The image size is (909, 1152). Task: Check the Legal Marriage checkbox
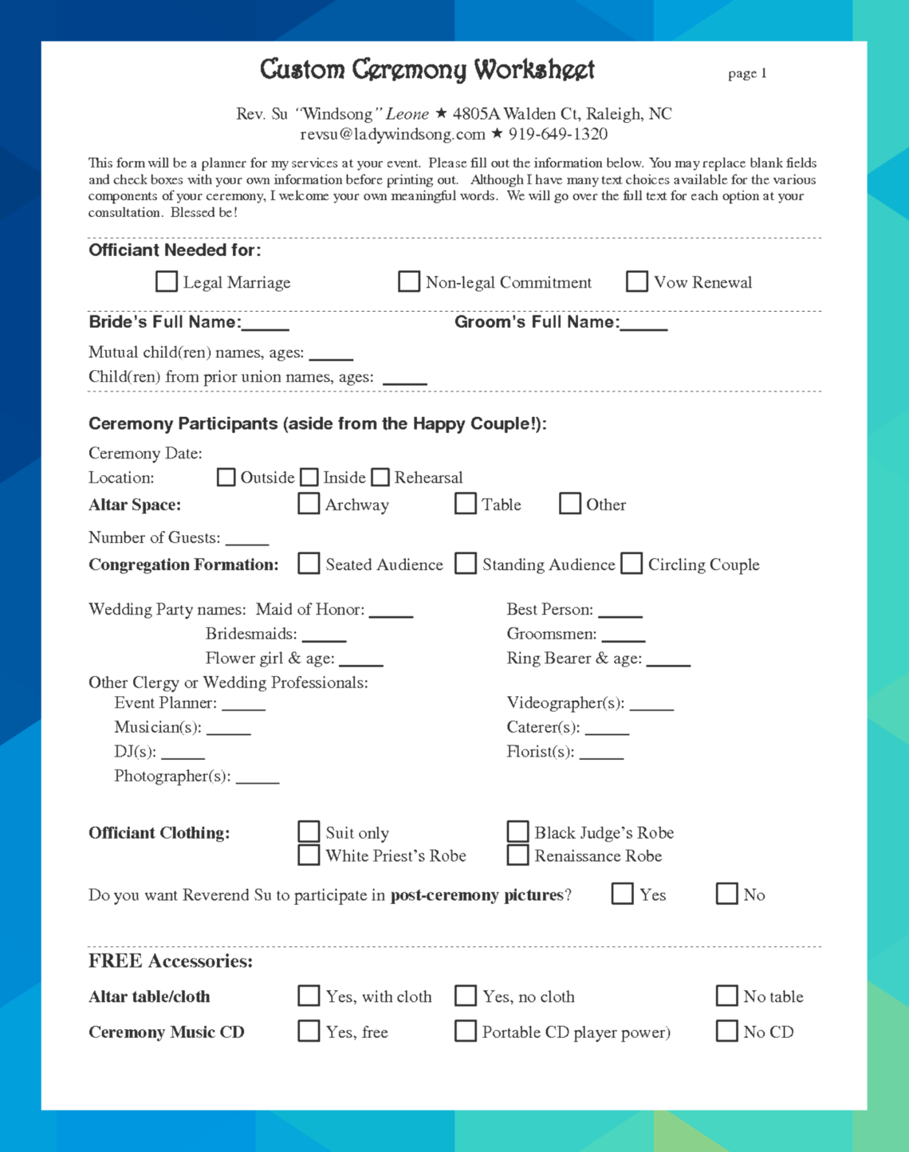166,281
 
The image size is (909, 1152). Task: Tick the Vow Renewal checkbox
636,281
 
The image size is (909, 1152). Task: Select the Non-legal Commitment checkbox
408,281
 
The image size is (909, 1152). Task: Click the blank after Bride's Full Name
266,324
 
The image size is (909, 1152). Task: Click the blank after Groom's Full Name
644,324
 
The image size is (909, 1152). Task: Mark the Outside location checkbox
226,477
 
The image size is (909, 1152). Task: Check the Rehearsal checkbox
380,477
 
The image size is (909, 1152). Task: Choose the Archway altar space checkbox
309,504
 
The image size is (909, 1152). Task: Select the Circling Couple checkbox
632,564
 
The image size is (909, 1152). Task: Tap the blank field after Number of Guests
247,540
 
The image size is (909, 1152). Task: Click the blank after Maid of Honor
391,611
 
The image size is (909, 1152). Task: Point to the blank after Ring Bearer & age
668,660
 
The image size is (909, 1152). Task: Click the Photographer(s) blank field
258,778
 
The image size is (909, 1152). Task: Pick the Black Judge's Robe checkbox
517,832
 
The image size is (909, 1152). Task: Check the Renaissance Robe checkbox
517,855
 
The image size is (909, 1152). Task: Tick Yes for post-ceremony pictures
622,894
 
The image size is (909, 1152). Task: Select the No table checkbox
726,996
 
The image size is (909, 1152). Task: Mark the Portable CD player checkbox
465,1031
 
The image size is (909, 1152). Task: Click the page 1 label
747,73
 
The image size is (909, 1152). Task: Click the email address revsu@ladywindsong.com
392,134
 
